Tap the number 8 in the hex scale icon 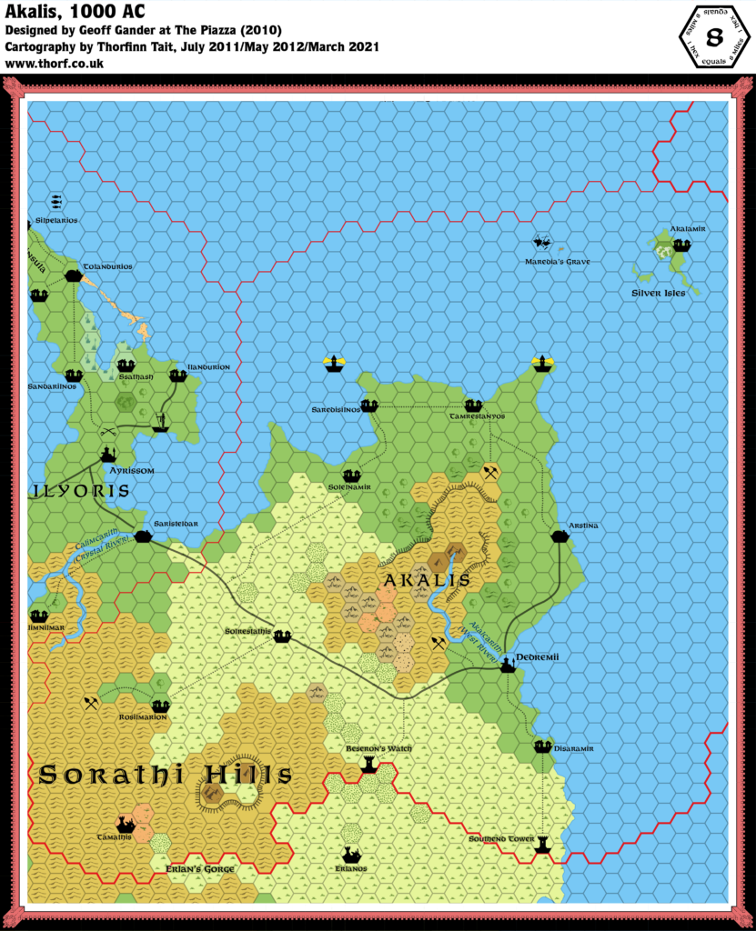(x=714, y=38)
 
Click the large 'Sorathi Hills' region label (x=166, y=775)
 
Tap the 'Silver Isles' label (x=659, y=293)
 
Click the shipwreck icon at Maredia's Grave (x=543, y=243)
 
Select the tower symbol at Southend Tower (x=543, y=842)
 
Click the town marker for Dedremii (x=508, y=665)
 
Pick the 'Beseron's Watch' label (x=378, y=748)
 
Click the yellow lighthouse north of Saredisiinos (x=334, y=365)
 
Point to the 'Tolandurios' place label (x=107, y=266)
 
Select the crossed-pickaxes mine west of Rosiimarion (x=91, y=702)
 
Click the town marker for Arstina (x=560, y=537)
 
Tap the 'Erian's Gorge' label (x=201, y=869)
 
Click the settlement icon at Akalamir (x=681, y=245)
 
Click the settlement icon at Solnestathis (x=282, y=636)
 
